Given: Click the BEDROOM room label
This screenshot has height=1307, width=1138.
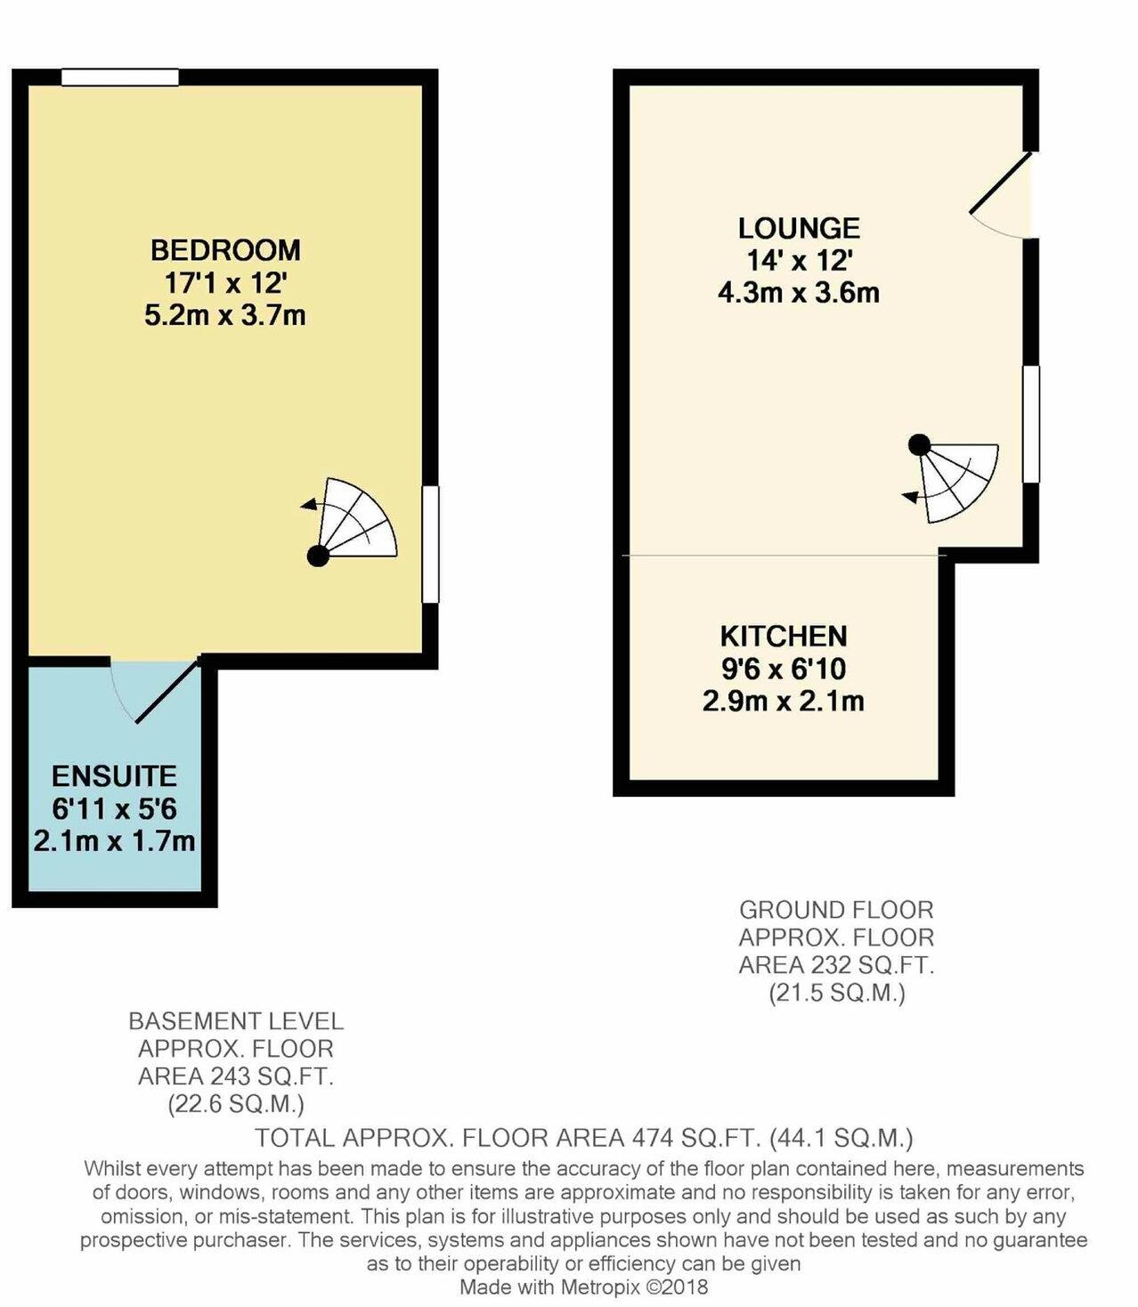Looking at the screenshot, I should (225, 249).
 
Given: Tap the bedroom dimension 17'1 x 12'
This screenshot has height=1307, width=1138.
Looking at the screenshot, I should (225, 283).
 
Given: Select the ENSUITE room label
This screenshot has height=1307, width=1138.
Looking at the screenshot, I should (114, 776).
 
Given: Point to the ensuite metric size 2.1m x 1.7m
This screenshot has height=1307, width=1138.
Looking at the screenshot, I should (114, 840).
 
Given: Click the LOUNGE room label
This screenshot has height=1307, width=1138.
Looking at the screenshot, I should (799, 229).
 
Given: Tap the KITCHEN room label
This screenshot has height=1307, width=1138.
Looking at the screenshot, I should (783, 637).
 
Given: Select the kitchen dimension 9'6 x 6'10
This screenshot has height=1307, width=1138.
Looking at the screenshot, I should (783, 669).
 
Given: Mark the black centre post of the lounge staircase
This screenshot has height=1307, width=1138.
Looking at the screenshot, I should (919, 442).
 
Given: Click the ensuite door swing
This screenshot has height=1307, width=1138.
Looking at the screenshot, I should (156, 690).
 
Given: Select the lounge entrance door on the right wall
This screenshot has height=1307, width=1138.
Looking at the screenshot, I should (1004, 194).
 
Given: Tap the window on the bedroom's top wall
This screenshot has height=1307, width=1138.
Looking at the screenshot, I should (120, 78).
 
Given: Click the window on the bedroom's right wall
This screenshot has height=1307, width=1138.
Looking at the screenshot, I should (430, 544).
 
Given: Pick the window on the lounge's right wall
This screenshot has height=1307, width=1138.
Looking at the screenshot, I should (1030, 424).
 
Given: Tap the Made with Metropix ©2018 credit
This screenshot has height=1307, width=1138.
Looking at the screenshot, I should (583, 1287).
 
